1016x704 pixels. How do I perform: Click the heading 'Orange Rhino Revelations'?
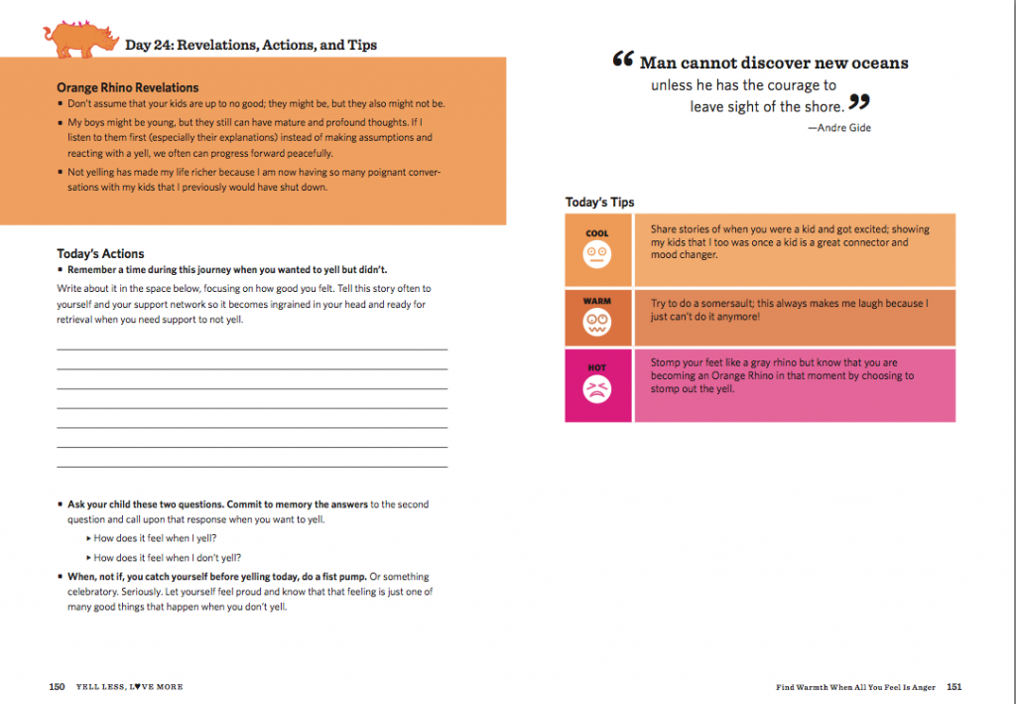[127, 87]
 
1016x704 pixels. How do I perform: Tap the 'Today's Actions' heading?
[100, 254]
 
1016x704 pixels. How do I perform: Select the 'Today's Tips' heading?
[599, 203]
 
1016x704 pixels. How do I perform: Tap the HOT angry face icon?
[597, 390]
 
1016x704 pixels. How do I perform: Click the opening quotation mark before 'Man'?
[623, 61]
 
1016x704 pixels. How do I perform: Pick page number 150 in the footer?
[57, 686]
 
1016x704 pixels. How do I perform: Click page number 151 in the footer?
[954, 686]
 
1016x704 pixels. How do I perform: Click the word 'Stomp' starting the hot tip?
[666, 363]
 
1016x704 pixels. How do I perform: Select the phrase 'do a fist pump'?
[333, 576]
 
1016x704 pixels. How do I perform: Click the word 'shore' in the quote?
[823, 106]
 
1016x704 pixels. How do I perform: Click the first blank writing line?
[252, 349]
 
